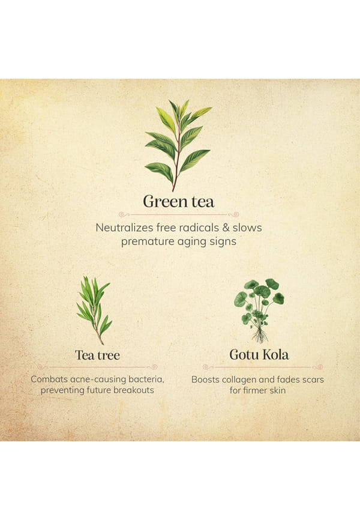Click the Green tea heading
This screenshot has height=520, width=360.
[179, 201]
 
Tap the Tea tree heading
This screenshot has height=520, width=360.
[97, 355]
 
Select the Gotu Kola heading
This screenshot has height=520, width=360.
[259, 354]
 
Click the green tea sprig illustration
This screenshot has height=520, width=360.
[178, 145]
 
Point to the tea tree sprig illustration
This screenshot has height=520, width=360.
[94, 310]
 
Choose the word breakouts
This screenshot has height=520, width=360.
[134, 390]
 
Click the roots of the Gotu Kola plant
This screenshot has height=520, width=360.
[260, 336]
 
